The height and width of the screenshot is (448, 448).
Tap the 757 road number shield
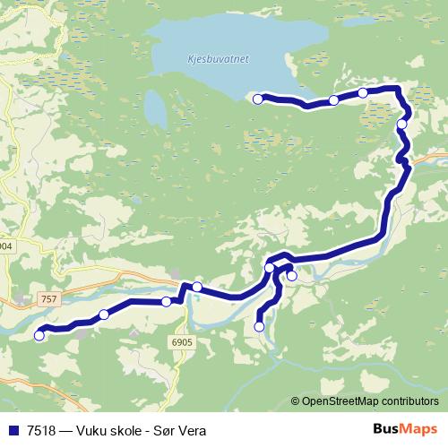coord(47,297)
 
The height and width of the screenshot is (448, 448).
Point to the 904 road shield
coord(5,246)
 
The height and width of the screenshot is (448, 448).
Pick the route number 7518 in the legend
coord(40,430)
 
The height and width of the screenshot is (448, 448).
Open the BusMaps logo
coord(404,429)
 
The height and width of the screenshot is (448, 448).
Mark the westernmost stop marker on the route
coord(39,336)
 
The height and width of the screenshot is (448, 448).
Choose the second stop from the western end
coord(104,314)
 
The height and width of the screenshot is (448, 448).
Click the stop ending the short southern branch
coord(260,327)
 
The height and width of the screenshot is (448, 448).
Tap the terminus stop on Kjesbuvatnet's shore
coord(258,99)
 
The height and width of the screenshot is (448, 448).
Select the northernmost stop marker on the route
coord(363,93)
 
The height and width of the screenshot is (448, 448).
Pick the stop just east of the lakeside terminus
coord(333,100)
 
